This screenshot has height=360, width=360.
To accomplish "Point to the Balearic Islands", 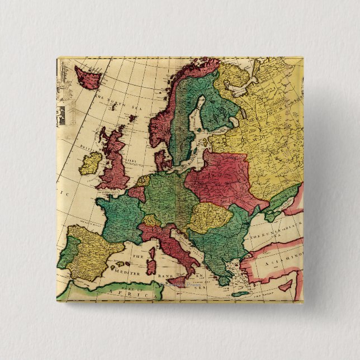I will point(121,263).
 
